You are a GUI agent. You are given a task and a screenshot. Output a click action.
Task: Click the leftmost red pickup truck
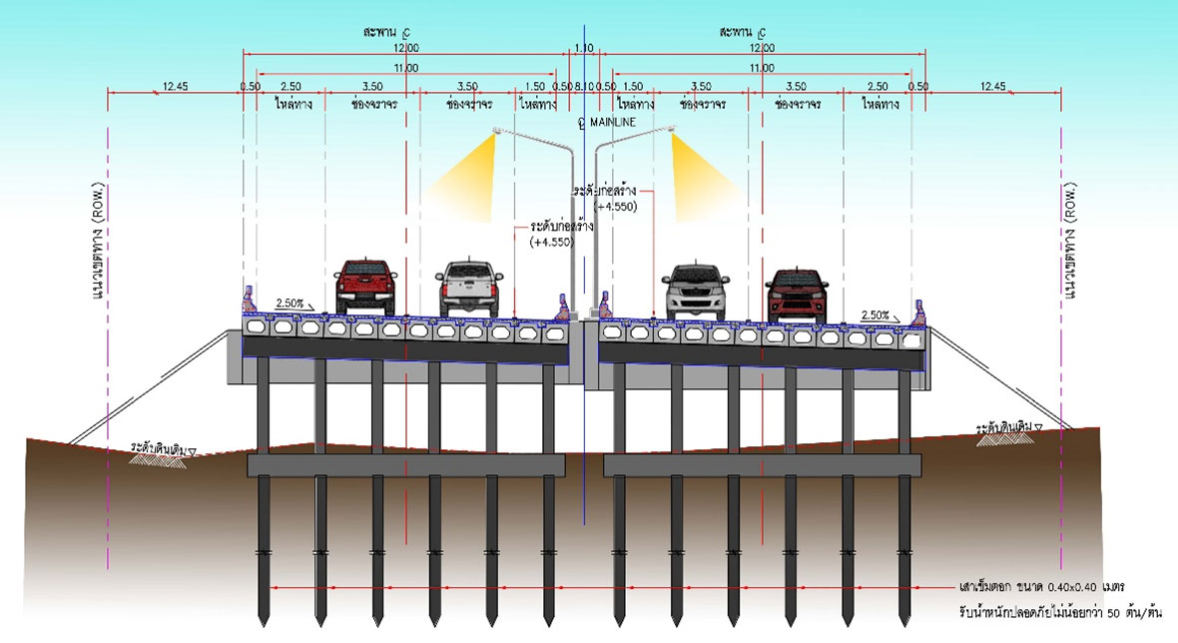365,287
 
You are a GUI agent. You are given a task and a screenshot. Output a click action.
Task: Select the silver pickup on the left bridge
469,288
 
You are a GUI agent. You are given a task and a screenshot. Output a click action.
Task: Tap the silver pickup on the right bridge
696,291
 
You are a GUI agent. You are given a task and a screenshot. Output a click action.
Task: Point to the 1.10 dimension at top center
585,48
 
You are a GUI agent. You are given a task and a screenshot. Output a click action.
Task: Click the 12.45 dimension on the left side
175,87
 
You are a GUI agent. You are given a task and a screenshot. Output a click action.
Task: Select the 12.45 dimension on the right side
993,87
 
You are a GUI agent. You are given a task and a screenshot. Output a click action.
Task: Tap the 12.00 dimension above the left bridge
405,48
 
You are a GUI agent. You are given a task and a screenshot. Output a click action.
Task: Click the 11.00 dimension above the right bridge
762,68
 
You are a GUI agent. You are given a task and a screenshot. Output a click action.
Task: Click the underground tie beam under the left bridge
405,464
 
